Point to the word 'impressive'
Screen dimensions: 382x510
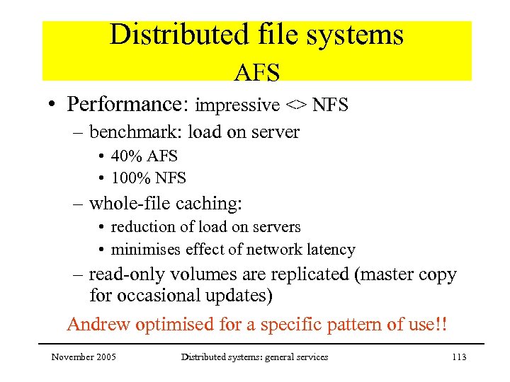coord(237,105)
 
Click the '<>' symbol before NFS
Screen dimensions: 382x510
coord(296,105)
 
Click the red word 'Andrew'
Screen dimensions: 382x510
coord(100,325)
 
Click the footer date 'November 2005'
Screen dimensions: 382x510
coord(84,357)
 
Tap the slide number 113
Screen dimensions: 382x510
coord(458,357)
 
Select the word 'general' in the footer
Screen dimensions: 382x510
coord(273,357)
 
